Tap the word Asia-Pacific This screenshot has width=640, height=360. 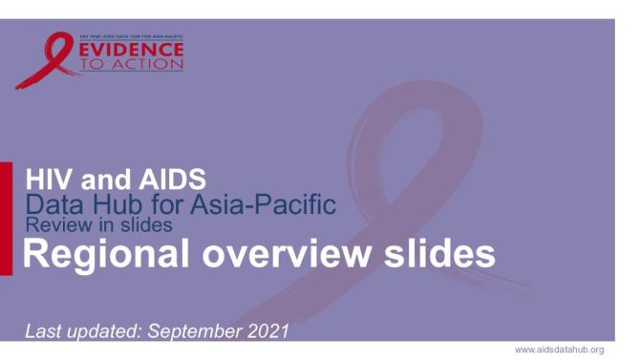click(258, 203)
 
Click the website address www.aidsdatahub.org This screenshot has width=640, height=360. click(560, 349)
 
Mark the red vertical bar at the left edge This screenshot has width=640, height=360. click(6, 219)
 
